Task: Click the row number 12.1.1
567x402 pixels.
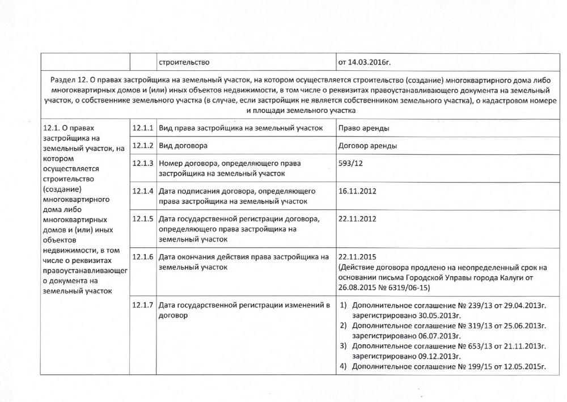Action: coord(143,128)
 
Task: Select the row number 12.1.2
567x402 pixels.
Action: coord(143,146)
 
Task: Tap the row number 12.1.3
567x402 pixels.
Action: coord(143,163)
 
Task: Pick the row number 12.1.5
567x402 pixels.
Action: coord(143,219)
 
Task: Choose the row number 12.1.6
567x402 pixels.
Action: coord(143,256)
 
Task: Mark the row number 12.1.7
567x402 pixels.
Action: coord(143,306)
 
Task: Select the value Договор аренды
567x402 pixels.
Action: coord(367,146)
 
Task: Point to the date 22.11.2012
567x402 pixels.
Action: coord(357,219)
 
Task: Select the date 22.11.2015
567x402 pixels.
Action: coord(357,256)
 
